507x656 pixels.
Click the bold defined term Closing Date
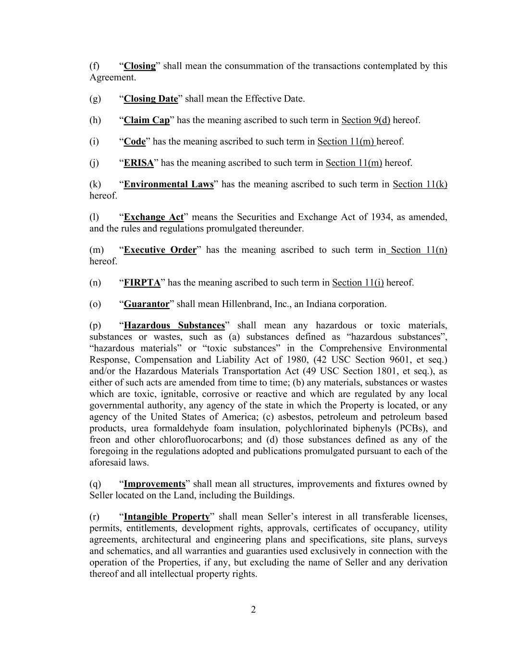[x=151, y=99]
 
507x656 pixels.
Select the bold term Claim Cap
[x=147, y=120]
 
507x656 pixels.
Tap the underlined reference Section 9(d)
[x=366, y=120]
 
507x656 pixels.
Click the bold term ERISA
[x=138, y=163]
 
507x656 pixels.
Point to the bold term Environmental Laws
[x=169, y=184]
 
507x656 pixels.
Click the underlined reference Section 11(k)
[x=420, y=184]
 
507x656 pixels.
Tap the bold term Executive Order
[x=160, y=250]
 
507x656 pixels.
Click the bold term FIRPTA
[x=142, y=283]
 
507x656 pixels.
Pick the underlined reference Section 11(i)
[x=358, y=283]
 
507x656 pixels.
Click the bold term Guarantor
[x=147, y=304]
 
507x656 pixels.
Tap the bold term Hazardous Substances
[x=174, y=326]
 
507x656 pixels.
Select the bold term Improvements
[x=154, y=484]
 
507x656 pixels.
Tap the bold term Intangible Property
[x=167, y=517]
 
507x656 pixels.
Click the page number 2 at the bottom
[x=253, y=610]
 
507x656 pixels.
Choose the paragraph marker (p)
[x=95, y=326]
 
